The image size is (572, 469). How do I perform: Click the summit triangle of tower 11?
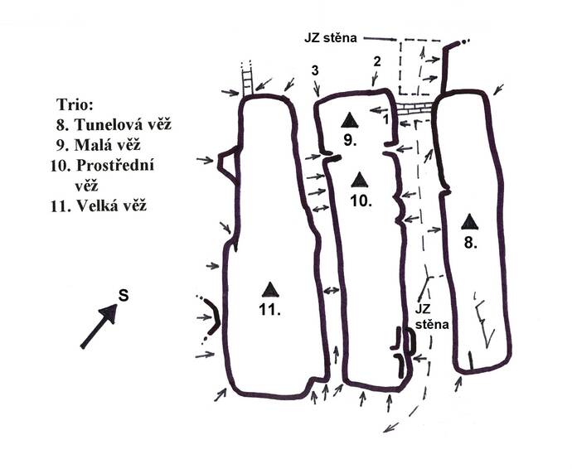pos(270,289)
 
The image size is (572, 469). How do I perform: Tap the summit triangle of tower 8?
pos(469,221)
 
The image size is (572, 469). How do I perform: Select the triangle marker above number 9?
pos(350,120)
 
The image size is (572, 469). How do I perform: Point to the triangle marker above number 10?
pos(360,180)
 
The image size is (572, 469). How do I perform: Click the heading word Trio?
pos(75,105)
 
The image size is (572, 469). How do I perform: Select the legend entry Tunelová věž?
pos(114,125)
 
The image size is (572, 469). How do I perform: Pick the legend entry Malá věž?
pos(98,145)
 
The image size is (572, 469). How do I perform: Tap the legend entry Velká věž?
pos(99,206)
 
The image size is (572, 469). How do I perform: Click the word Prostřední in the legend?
pos(115,166)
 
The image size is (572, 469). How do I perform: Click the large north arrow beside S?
pos(99,326)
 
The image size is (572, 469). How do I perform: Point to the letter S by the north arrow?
pos(124,296)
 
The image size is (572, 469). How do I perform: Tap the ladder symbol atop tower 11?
pos(247,80)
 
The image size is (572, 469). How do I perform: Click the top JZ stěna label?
pos(331,38)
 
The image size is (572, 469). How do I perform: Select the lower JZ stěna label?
pos(432,317)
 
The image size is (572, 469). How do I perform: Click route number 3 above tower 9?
pos(315,70)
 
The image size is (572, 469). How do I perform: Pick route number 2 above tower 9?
pos(377,61)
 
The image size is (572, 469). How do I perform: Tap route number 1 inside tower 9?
pos(386,119)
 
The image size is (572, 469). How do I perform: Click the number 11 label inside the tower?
pos(269,310)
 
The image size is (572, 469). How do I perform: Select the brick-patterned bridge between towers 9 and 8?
pos(414,109)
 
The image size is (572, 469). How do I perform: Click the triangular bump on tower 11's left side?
pos(227,165)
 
